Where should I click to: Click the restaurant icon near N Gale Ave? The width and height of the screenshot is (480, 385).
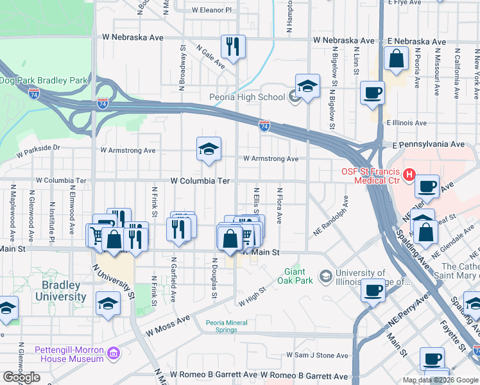tap(232, 46)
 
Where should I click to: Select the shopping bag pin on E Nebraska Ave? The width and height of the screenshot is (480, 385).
tap(397, 58)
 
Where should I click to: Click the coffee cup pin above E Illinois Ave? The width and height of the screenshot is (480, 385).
tap(372, 93)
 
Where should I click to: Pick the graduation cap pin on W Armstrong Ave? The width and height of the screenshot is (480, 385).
tap(209, 150)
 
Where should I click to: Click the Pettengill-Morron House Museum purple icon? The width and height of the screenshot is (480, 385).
tap(114, 353)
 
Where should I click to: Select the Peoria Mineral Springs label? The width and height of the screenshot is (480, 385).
tap(229, 327)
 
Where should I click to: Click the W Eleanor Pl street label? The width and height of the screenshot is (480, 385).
tap(212, 10)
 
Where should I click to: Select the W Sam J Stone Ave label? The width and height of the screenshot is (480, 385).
tap(317, 355)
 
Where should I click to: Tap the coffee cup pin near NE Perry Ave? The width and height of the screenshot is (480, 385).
tap(373, 290)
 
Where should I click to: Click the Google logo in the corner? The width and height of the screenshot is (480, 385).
tap(22, 377)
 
